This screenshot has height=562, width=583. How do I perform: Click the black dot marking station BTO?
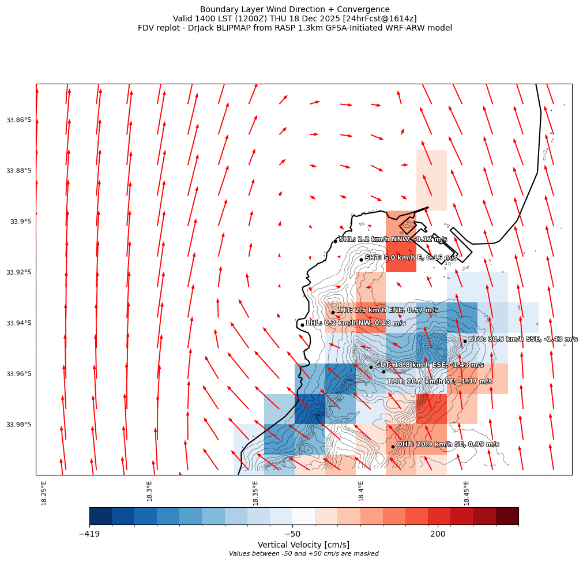[x=465, y=341]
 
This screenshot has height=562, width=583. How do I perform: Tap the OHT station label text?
[x=447, y=444]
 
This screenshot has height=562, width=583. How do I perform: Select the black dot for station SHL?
[x=335, y=241]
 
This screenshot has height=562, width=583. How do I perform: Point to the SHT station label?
[x=411, y=258]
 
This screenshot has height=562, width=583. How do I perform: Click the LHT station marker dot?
[x=333, y=312]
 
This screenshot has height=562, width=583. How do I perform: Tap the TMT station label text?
[x=439, y=381]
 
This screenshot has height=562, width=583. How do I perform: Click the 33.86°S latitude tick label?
[x=19, y=120]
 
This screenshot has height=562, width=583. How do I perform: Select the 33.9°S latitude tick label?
[x=21, y=222]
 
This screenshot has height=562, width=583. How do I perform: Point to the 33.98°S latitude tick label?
[x=19, y=425]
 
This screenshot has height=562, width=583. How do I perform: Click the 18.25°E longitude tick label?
[x=44, y=493]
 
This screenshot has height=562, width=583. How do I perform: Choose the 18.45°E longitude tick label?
[x=467, y=493]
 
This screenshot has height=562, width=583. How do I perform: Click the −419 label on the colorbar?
[x=89, y=534]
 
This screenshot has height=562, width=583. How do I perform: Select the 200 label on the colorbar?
[x=438, y=534]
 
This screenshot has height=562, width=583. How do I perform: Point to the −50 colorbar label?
[x=292, y=534]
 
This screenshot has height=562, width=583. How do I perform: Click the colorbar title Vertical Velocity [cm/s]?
[x=303, y=545]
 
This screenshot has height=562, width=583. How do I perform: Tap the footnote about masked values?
[x=303, y=553]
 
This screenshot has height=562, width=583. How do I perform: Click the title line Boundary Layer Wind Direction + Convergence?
[x=295, y=9]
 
